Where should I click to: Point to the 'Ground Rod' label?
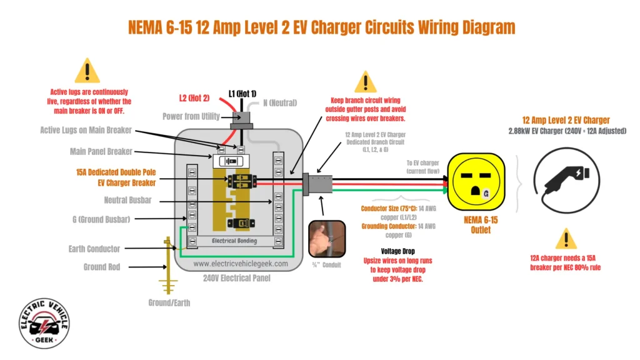102,267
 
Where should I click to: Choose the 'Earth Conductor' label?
94,249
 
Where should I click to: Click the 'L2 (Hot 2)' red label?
195,98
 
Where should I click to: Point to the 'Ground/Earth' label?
169,302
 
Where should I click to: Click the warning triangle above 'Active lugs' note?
87,71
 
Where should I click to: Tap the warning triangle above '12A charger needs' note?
566,239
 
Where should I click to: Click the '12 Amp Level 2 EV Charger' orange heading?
566,120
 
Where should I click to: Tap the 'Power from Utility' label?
191,116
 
